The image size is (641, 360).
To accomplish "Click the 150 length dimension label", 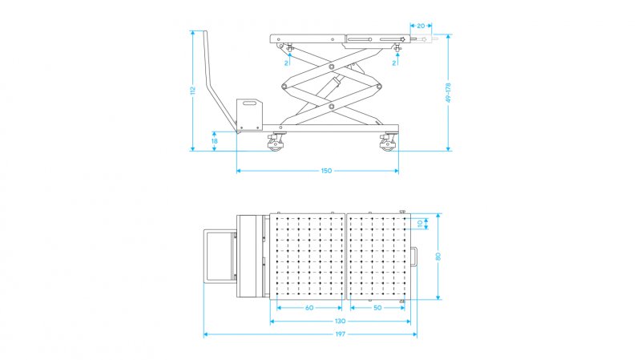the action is pyautogui.click(x=326, y=171).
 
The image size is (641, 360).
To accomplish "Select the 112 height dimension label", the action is pyautogui.click(x=193, y=91).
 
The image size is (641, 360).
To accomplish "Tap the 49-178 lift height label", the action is pyautogui.click(x=448, y=93).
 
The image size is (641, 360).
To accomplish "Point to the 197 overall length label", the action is pyautogui.click(x=340, y=334).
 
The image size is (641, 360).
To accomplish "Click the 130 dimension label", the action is pyautogui.click(x=340, y=322).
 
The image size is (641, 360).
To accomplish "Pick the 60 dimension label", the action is pyautogui.click(x=309, y=308).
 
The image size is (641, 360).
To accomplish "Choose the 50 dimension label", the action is pyautogui.click(x=377, y=308).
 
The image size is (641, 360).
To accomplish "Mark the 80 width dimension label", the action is pyautogui.click(x=437, y=257).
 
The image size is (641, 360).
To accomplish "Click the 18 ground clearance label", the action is pyautogui.click(x=215, y=141).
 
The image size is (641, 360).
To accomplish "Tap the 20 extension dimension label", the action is pyautogui.click(x=421, y=26).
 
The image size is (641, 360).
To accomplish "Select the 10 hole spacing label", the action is pyautogui.click(x=420, y=224).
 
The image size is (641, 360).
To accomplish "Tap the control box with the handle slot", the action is pyautogui.click(x=249, y=114).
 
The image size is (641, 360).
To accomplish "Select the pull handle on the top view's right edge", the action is pyautogui.click(x=414, y=257).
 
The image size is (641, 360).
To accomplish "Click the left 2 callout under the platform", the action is pyautogui.click(x=287, y=63).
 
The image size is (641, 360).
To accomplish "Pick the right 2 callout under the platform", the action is pyautogui.click(x=394, y=63).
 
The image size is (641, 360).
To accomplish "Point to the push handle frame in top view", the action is pyautogui.click(x=220, y=256).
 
